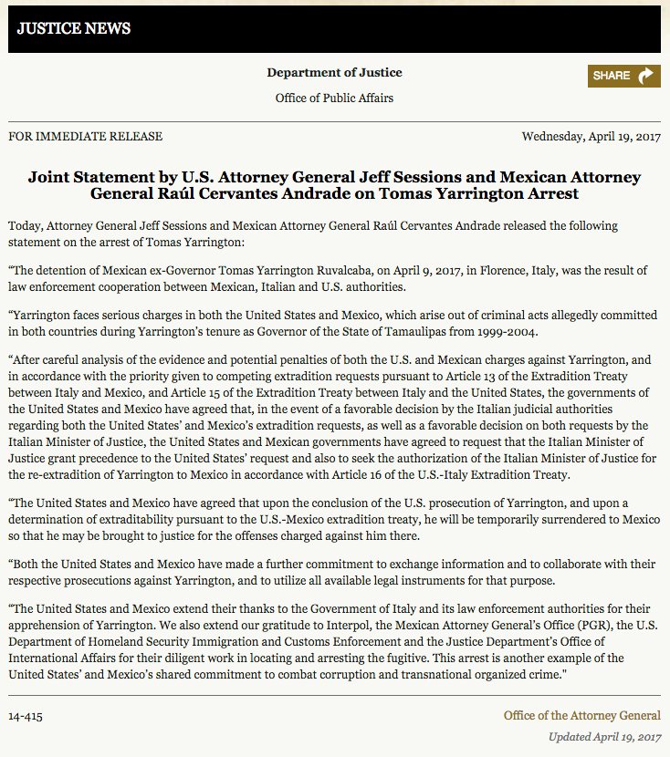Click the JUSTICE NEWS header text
pos(74,28)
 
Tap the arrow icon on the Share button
pos(645,76)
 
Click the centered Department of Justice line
pos(334,73)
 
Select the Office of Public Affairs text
pos(334,98)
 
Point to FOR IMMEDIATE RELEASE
pos(85,137)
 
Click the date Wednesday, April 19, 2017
pos(591,137)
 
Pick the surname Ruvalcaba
pos(322,272)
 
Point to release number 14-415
pos(26,716)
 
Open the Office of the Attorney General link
pos(581,716)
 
